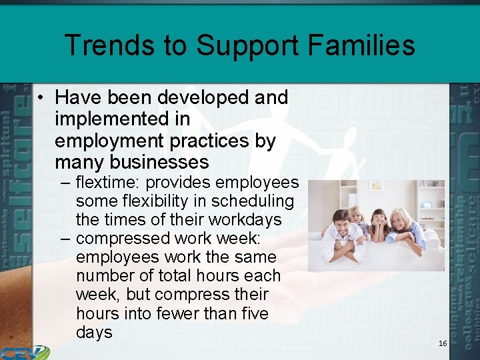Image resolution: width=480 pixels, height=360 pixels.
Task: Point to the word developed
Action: (204, 98)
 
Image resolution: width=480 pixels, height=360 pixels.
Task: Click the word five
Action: (251, 313)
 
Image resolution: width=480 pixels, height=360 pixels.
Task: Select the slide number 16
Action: (443, 343)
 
